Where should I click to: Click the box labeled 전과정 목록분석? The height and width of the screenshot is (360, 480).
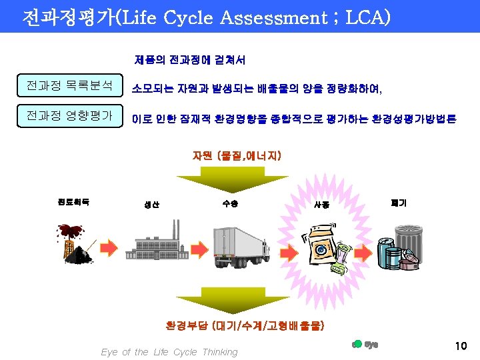[x=69, y=86]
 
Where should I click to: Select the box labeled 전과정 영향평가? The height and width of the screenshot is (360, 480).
[x=69, y=117]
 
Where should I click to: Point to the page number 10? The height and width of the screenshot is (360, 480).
[x=460, y=346]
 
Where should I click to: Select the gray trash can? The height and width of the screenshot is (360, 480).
[x=408, y=242]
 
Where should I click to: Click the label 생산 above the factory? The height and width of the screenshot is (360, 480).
[x=152, y=205]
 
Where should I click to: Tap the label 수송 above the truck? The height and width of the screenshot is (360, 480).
[x=229, y=203]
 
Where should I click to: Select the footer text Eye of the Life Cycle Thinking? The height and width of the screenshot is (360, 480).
[x=169, y=352]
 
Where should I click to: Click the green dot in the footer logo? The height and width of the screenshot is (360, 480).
[x=357, y=344]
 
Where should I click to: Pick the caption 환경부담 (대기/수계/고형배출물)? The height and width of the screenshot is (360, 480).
[x=245, y=326]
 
